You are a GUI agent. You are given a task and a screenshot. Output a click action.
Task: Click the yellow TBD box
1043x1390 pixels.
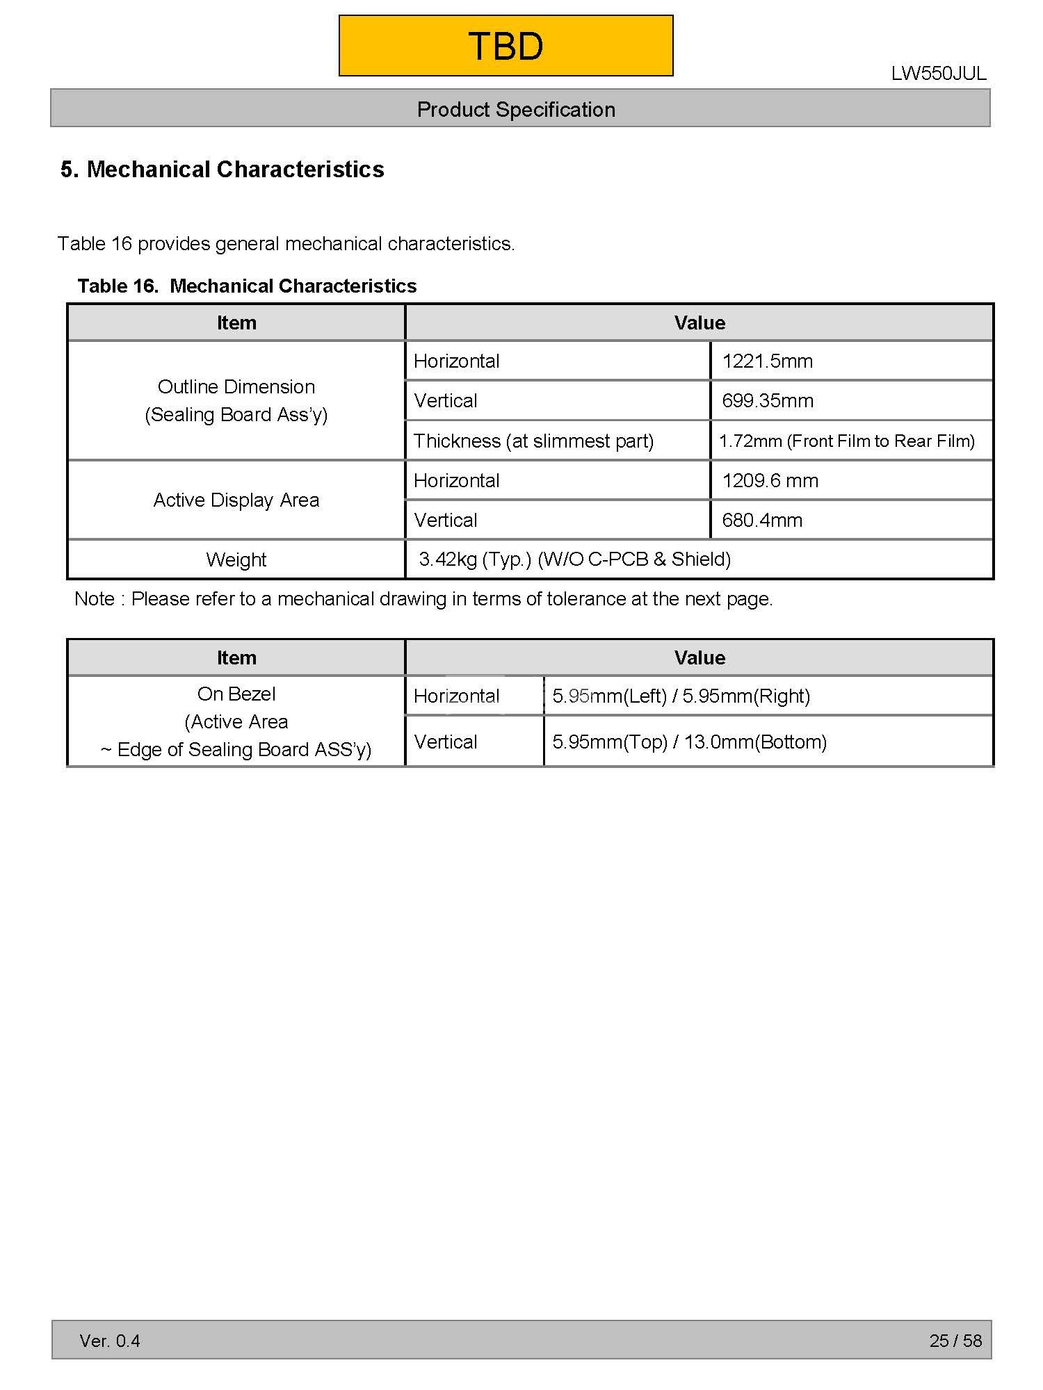click(506, 46)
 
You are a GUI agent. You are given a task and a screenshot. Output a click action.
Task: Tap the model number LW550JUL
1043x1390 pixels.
click(938, 74)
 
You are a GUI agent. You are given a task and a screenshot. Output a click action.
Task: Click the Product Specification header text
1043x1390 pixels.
click(516, 109)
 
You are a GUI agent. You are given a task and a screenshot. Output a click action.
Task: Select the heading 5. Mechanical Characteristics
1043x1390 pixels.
click(222, 170)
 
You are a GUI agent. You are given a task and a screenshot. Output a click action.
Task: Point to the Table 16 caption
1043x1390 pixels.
click(247, 286)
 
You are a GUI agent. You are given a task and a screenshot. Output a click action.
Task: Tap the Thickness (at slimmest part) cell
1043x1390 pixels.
click(533, 441)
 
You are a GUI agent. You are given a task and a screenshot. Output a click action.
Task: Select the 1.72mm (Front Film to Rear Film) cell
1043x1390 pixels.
click(846, 441)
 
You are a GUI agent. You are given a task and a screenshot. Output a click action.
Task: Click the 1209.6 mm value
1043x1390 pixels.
click(770, 480)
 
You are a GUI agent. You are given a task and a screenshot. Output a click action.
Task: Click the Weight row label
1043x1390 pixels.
click(236, 559)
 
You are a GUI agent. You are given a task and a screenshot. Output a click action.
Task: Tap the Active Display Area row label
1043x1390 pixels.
click(236, 500)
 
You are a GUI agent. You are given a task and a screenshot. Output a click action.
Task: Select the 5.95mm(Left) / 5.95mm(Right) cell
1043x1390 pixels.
click(681, 696)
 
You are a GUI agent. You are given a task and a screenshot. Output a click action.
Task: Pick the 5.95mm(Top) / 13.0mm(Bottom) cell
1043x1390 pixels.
click(689, 742)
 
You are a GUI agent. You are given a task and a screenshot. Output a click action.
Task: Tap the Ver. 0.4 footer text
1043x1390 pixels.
click(110, 1341)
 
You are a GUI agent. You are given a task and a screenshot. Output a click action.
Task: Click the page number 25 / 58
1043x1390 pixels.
click(955, 1341)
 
